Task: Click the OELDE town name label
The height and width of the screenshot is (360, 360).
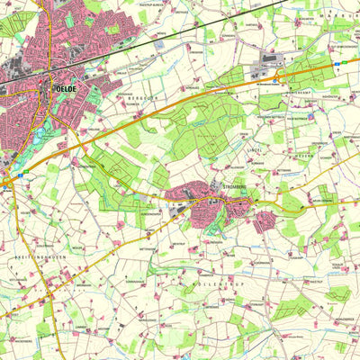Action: [x=66, y=90]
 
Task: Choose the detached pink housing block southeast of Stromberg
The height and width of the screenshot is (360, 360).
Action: [x=264, y=221]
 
